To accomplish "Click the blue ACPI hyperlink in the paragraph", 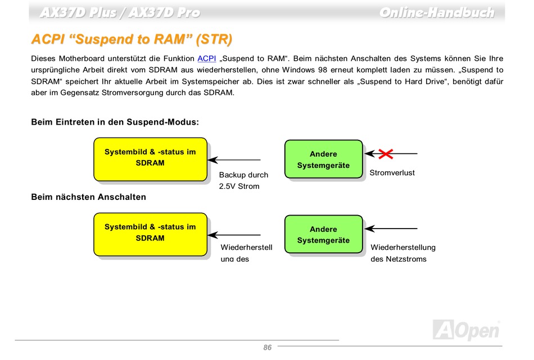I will pos(207,58).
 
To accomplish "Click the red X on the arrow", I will pos(386,153).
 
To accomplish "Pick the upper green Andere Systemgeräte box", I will pos(323,160).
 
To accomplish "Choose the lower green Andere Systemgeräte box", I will pos(323,235).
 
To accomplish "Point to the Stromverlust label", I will pos(392,173).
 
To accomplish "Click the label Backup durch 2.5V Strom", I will pos(243,180).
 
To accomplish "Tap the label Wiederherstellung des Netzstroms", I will pos(402,253).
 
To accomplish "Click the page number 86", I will pos(267,348).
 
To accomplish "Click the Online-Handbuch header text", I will pos(436,12).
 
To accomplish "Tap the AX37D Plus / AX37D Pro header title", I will pos(119,12).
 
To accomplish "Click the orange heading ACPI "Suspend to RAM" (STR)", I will pos(132,39).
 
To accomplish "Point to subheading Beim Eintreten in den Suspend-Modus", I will pos(115,122).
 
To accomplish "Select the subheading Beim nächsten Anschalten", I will pos(88,197).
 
